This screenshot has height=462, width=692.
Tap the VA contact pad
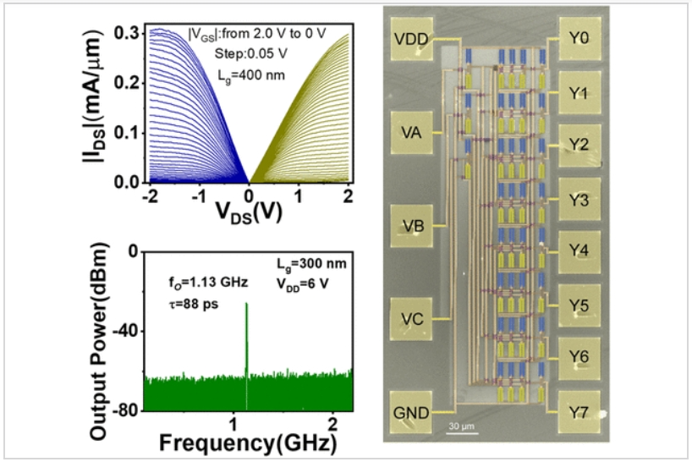click(414, 132)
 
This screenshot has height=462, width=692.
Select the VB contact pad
click(414, 226)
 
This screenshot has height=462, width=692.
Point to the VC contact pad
click(414, 319)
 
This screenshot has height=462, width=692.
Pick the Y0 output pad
click(579, 39)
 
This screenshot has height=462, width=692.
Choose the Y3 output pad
click(579, 200)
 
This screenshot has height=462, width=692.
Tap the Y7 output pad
click(579, 414)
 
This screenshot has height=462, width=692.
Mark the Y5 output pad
click(579, 306)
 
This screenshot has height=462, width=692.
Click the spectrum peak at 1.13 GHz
click(246, 305)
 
